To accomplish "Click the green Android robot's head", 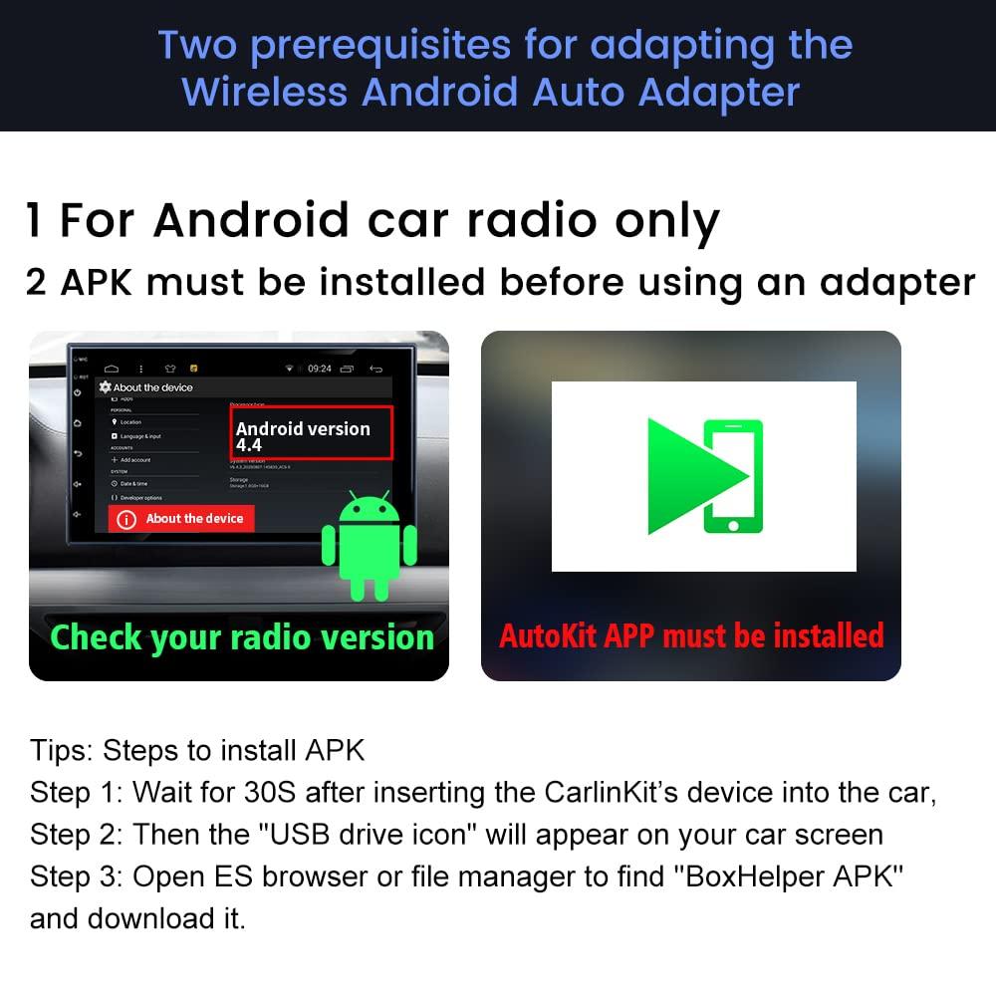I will tap(369, 511).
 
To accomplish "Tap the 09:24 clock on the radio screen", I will tap(319, 369).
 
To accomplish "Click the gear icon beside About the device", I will tap(105, 386).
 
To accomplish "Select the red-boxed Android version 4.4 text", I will tap(303, 435).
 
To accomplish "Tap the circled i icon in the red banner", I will tap(126, 519).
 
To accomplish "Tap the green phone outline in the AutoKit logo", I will tap(733, 476).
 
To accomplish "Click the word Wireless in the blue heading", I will tap(265, 92).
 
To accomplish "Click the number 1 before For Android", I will tap(35, 221).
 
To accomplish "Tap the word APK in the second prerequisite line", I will tap(102, 283).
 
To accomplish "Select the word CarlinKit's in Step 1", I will tap(609, 792).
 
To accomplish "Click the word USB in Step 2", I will tap(315, 834).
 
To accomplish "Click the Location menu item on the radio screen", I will tap(130, 422).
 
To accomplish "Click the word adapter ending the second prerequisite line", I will tap(896, 283).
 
